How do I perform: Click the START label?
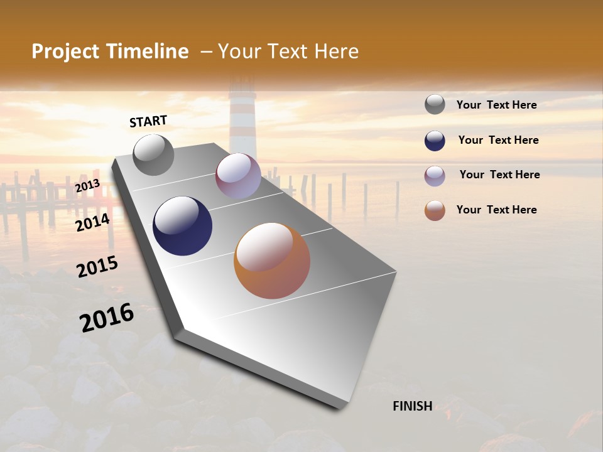[x=149, y=121]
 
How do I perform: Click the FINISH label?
[x=412, y=406]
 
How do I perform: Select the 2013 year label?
[x=87, y=186]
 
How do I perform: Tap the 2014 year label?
[x=93, y=222]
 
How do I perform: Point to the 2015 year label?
[x=97, y=267]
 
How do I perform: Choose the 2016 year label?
[x=107, y=318]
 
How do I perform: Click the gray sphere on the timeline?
[x=153, y=154]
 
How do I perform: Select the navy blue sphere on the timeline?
[x=182, y=226]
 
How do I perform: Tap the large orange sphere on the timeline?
[x=272, y=261]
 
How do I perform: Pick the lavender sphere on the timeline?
[x=238, y=176]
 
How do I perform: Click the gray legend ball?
[x=435, y=105]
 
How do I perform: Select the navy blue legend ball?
[x=435, y=141]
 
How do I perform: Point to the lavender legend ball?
[x=435, y=176]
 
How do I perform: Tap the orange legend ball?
[x=435, y=211]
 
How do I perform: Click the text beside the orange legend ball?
[x=496, y=210]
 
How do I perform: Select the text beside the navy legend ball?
[x=498, y=140]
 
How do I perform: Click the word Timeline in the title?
[x=148, y=51]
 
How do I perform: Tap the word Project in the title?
[x=66, y=51]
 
